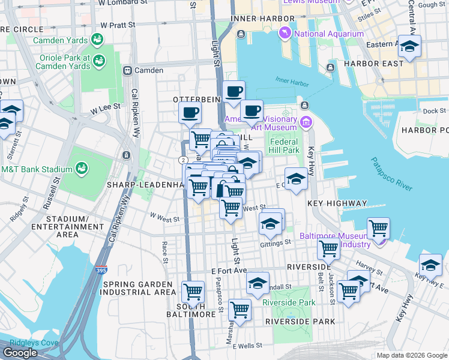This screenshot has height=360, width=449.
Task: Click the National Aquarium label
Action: tap(328, 34)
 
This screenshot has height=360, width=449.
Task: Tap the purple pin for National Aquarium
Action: tap(285, 34)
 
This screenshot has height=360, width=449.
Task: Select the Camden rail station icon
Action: tap(127, 71)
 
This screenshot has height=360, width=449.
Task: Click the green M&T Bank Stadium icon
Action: tap(81, 169)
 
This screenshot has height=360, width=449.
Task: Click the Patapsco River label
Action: tap(391, 174)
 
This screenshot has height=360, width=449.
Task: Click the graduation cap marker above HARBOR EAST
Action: tap(409, 46)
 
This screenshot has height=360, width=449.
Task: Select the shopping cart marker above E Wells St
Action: tap(240, 310)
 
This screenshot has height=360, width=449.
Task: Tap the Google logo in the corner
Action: tap(20, 353)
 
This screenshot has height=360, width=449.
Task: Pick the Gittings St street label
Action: tap(276, 244)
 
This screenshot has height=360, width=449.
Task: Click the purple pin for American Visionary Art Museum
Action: tap(307, 123)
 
